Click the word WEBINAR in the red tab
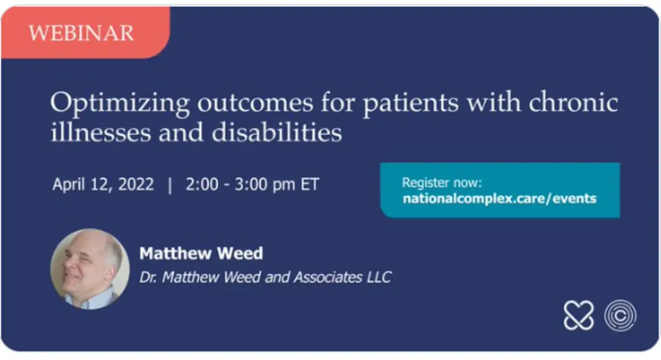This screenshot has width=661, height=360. [x=81, y=32]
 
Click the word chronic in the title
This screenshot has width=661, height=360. [x=573, y=102]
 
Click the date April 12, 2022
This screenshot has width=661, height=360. [x=103, y=184]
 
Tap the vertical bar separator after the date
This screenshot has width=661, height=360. [x=170, y=185]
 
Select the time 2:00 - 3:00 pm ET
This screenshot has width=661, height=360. [x=252, y=184]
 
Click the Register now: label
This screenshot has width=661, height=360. [x=442, y=183]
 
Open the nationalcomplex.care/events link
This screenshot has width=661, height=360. [x=499, y=199]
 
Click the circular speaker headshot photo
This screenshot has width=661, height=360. [x=90, y=269]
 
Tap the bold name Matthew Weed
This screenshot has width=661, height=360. [x=201, y=253]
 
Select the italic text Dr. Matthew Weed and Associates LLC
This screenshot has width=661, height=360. [x=266, y=277]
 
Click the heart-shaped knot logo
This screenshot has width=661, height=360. [x=578, y=315]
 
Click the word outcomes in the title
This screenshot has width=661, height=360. [x=255, y=103]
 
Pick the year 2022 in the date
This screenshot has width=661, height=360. [x=136, y=184]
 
